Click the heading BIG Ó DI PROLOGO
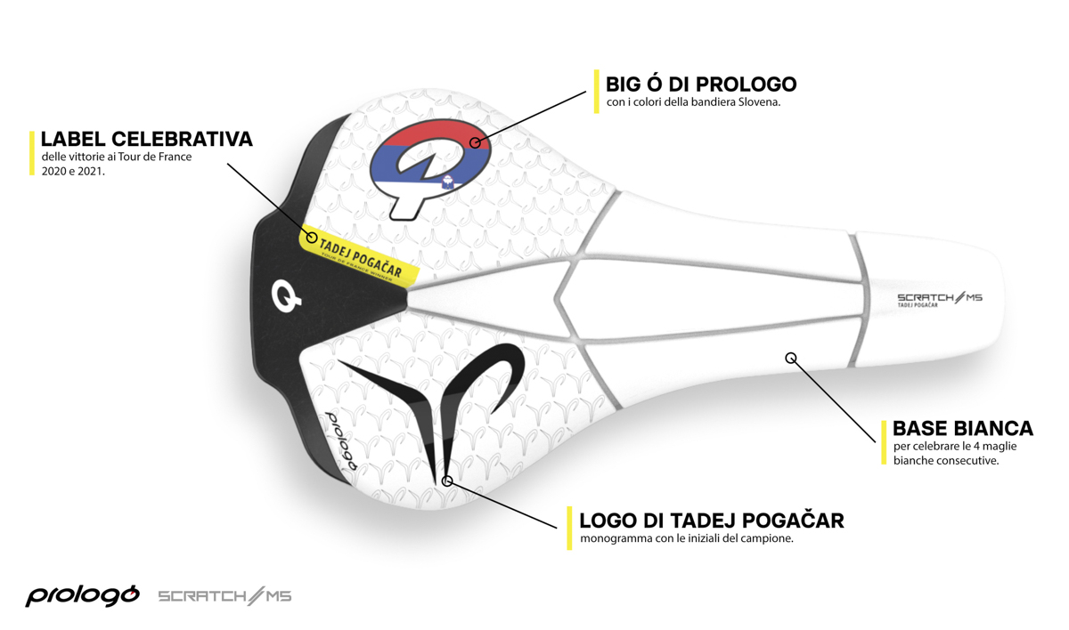[701, 85]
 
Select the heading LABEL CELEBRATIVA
[147, 140]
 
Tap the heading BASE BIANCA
[963, 428]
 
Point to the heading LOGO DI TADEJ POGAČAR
[712, 520]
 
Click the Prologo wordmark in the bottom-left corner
[82, 594]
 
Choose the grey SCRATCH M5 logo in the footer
[224, 595]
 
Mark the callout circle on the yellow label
[312, 238]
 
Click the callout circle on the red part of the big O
[476, 142]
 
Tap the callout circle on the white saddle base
[790, 358]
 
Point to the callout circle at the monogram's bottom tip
[447, 481]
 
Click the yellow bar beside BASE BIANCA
[885, 442]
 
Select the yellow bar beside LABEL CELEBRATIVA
[33, 153]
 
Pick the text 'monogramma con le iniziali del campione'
[686, 539]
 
